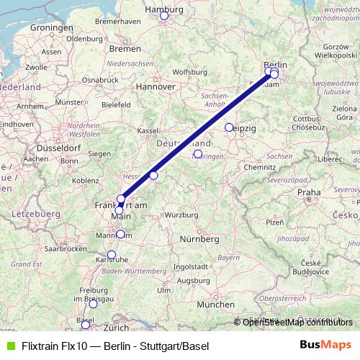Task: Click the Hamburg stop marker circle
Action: [163, 15]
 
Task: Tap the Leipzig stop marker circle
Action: [229, 127]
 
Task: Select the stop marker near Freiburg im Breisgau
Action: [93, 304]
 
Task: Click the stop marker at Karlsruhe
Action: [112, 255]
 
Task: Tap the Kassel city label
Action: [148, 130]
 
